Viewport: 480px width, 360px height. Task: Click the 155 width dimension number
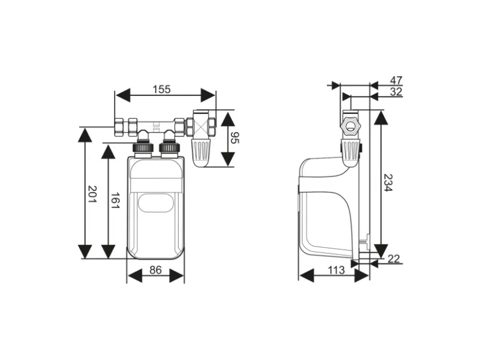click(161, 89)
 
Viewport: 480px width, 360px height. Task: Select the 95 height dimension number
click(235, 138)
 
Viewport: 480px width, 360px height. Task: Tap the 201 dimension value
click(92, 194)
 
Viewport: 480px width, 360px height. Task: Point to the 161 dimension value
click(115, 200)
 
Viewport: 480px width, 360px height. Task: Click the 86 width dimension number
click(155, 270)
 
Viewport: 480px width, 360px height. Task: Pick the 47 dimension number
click(396, 80)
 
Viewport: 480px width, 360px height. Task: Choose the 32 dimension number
click(396, 92)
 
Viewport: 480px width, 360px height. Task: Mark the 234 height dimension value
click(388, 183)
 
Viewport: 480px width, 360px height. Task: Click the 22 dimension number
click(394, 259)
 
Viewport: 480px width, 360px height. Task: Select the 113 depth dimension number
click(336, 271)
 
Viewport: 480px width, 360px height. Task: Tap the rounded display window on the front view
click(156, 203)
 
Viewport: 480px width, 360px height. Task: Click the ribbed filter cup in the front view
click(201, 153)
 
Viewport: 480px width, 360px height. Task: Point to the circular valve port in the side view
click(350, 125)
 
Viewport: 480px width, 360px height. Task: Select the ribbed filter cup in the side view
click(350, 152)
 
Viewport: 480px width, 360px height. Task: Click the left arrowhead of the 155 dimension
click(122, 95)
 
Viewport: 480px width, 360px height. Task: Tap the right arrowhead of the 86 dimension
click(176, 276)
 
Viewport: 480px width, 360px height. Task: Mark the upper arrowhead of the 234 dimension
click(381, 118)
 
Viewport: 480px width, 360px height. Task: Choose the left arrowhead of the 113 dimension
click(307, 276)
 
